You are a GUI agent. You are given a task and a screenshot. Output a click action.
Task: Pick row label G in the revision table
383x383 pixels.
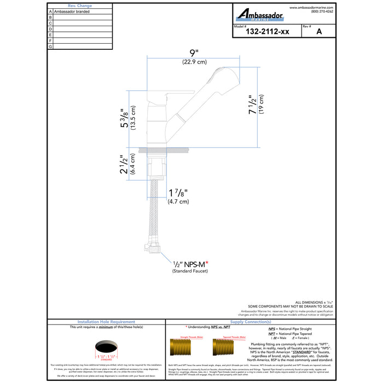[x=50, y=47]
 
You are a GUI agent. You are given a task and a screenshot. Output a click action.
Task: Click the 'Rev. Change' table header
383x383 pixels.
[x=79, y=5]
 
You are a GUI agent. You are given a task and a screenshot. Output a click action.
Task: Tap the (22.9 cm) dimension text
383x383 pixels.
[x=194, y=62]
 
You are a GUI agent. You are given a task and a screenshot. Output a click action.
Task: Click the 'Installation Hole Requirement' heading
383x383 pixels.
[x=107, y=322]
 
